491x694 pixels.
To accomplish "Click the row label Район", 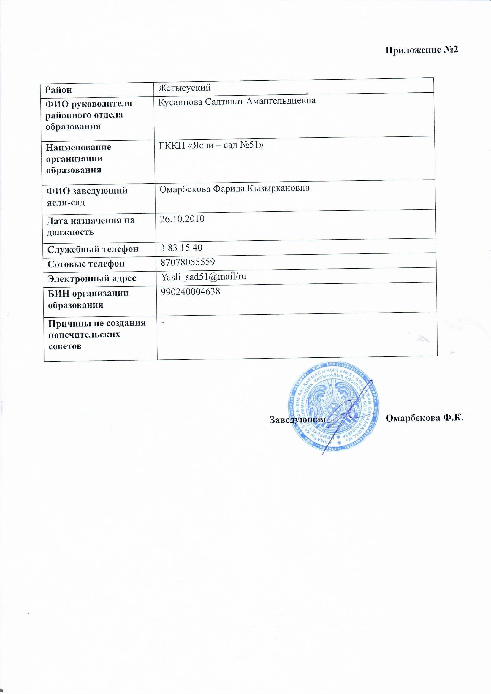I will (x=59, y=89).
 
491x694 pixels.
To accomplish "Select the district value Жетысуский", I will (x=184, y=88).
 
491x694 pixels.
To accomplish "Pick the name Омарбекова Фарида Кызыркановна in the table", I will (x=235, y=188).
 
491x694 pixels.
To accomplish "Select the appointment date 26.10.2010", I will (x=182, y=218).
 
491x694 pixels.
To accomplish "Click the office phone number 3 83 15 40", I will (x=181, y=248).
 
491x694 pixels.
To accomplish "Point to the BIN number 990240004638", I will (x=190, y=291).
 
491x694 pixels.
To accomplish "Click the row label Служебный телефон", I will (x=93, y=249).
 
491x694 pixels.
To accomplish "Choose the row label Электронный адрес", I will (x=92, y=278).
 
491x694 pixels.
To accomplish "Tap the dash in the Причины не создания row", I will (x=163, y=323).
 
